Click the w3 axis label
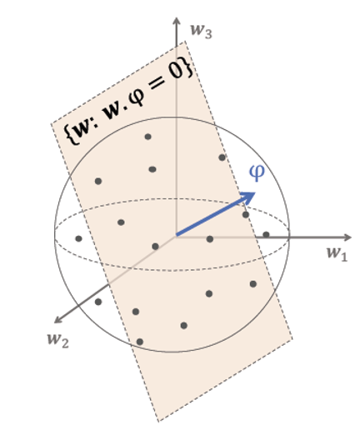point(201,30)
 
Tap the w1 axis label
point(337,253)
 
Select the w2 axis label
point(57,339)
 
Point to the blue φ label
point(257,172)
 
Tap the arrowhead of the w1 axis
point(348,237)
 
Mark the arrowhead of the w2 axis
point(57,320)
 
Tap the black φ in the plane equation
point(137,97)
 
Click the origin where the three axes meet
point(177,236)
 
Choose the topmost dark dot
point(148,137)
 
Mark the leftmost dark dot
point(78,238)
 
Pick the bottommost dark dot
point(140,342)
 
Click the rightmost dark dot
point(266,235)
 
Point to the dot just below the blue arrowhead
point(246,214)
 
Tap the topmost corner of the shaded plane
point(185,41)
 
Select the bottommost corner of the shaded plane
point(158,422)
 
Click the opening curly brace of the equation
point(71,134)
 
